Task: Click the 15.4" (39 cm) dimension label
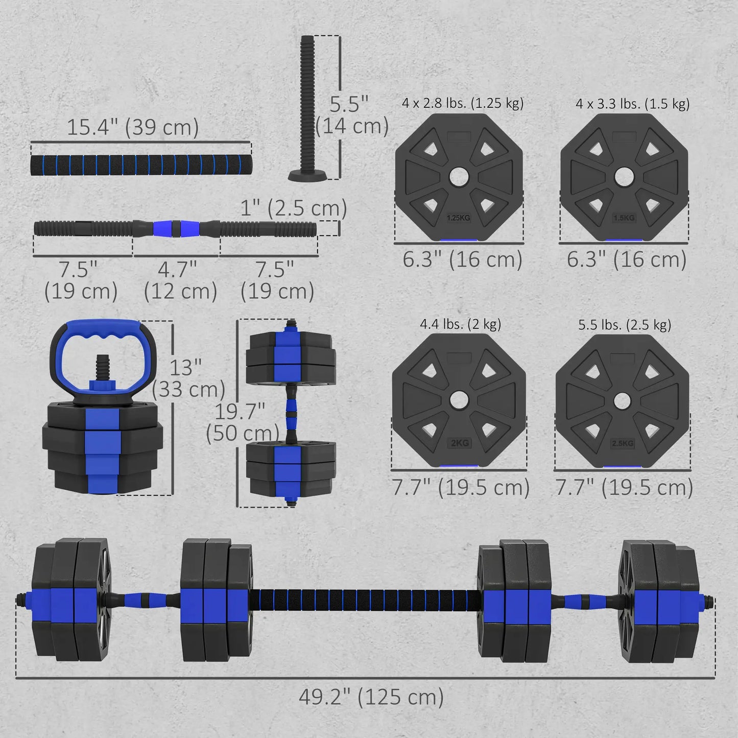pos(133,127)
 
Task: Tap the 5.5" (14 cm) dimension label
pos(351,115)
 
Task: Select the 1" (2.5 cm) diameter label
pos(294,208)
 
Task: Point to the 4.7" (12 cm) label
pos(180,280)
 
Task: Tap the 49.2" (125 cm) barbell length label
pos(371,697)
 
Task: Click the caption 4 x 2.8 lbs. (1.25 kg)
pos(462,104)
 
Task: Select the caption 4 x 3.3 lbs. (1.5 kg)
pos(632,104)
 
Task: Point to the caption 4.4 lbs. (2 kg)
pos(460,324)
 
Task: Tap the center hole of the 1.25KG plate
pos(459,177)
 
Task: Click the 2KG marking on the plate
pos(460,443)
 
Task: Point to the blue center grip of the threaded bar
pos(176,228)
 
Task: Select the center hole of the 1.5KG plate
pos(623,177)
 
